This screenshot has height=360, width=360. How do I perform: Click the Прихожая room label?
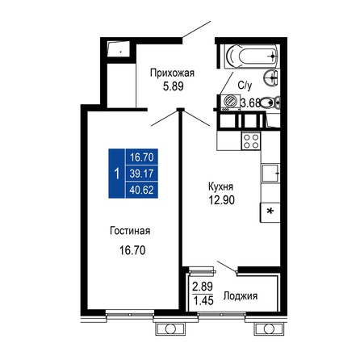tap(172, 73)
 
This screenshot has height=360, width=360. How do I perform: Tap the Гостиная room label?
tap(131, 232)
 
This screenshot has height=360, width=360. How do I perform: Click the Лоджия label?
tap(240, 296)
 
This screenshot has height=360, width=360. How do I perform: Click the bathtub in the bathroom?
tap(251, 57)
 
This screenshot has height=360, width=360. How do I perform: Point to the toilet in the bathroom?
tap(273, 102)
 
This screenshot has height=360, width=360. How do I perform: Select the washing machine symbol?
tap(229, 103)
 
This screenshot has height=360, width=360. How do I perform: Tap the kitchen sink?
tap(270, 173)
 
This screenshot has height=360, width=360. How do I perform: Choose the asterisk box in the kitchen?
tap(269, 211)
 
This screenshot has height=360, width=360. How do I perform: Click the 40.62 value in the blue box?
tap(143, 188)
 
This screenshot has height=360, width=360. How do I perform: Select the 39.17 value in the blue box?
tap(143, 174)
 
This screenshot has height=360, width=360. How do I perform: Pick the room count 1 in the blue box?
tap(118, 174)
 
